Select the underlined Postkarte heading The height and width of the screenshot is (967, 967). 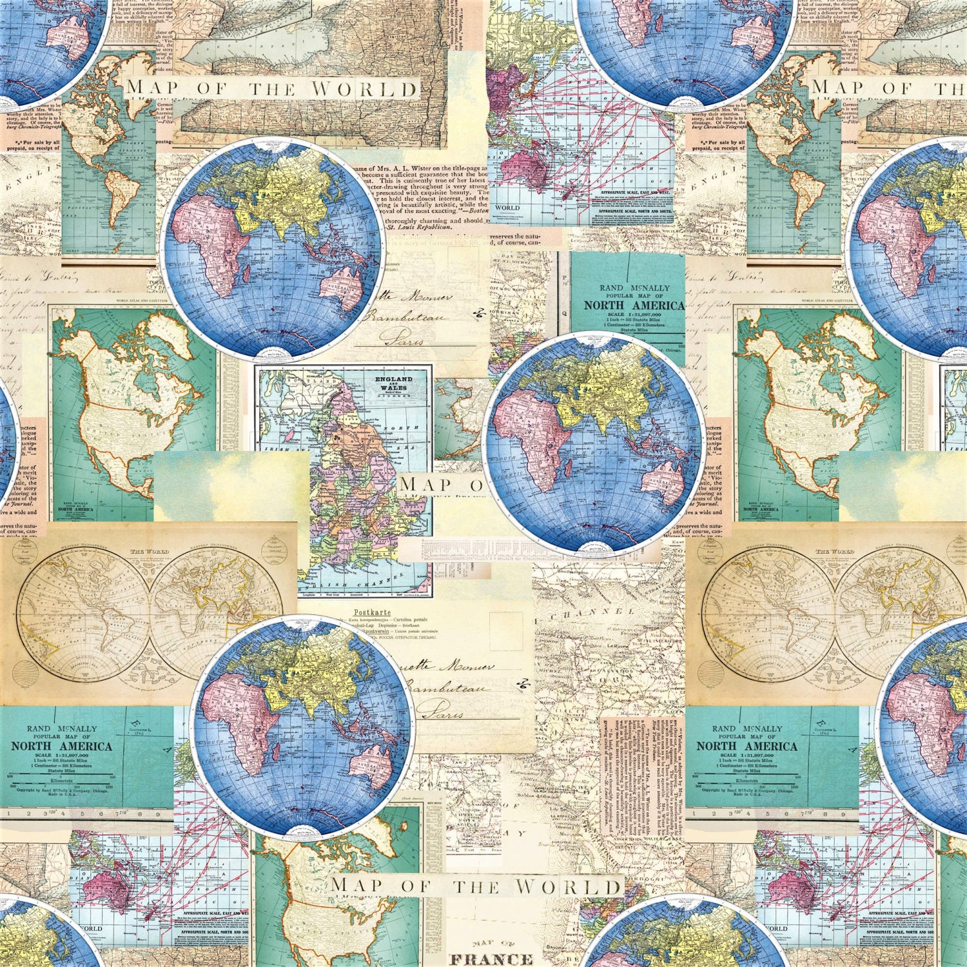[x=372, y=612]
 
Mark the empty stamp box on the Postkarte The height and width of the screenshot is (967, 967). [x=505, y=631]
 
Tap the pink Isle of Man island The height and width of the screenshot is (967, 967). [x=291, y=436]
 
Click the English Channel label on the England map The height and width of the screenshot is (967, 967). [x=361, y=580]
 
